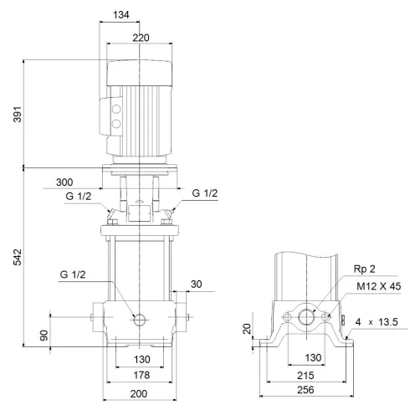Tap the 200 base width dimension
(138, 393)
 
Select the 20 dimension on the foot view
(247, 329)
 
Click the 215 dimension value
(305, 376)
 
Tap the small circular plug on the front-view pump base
(138, 319)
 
